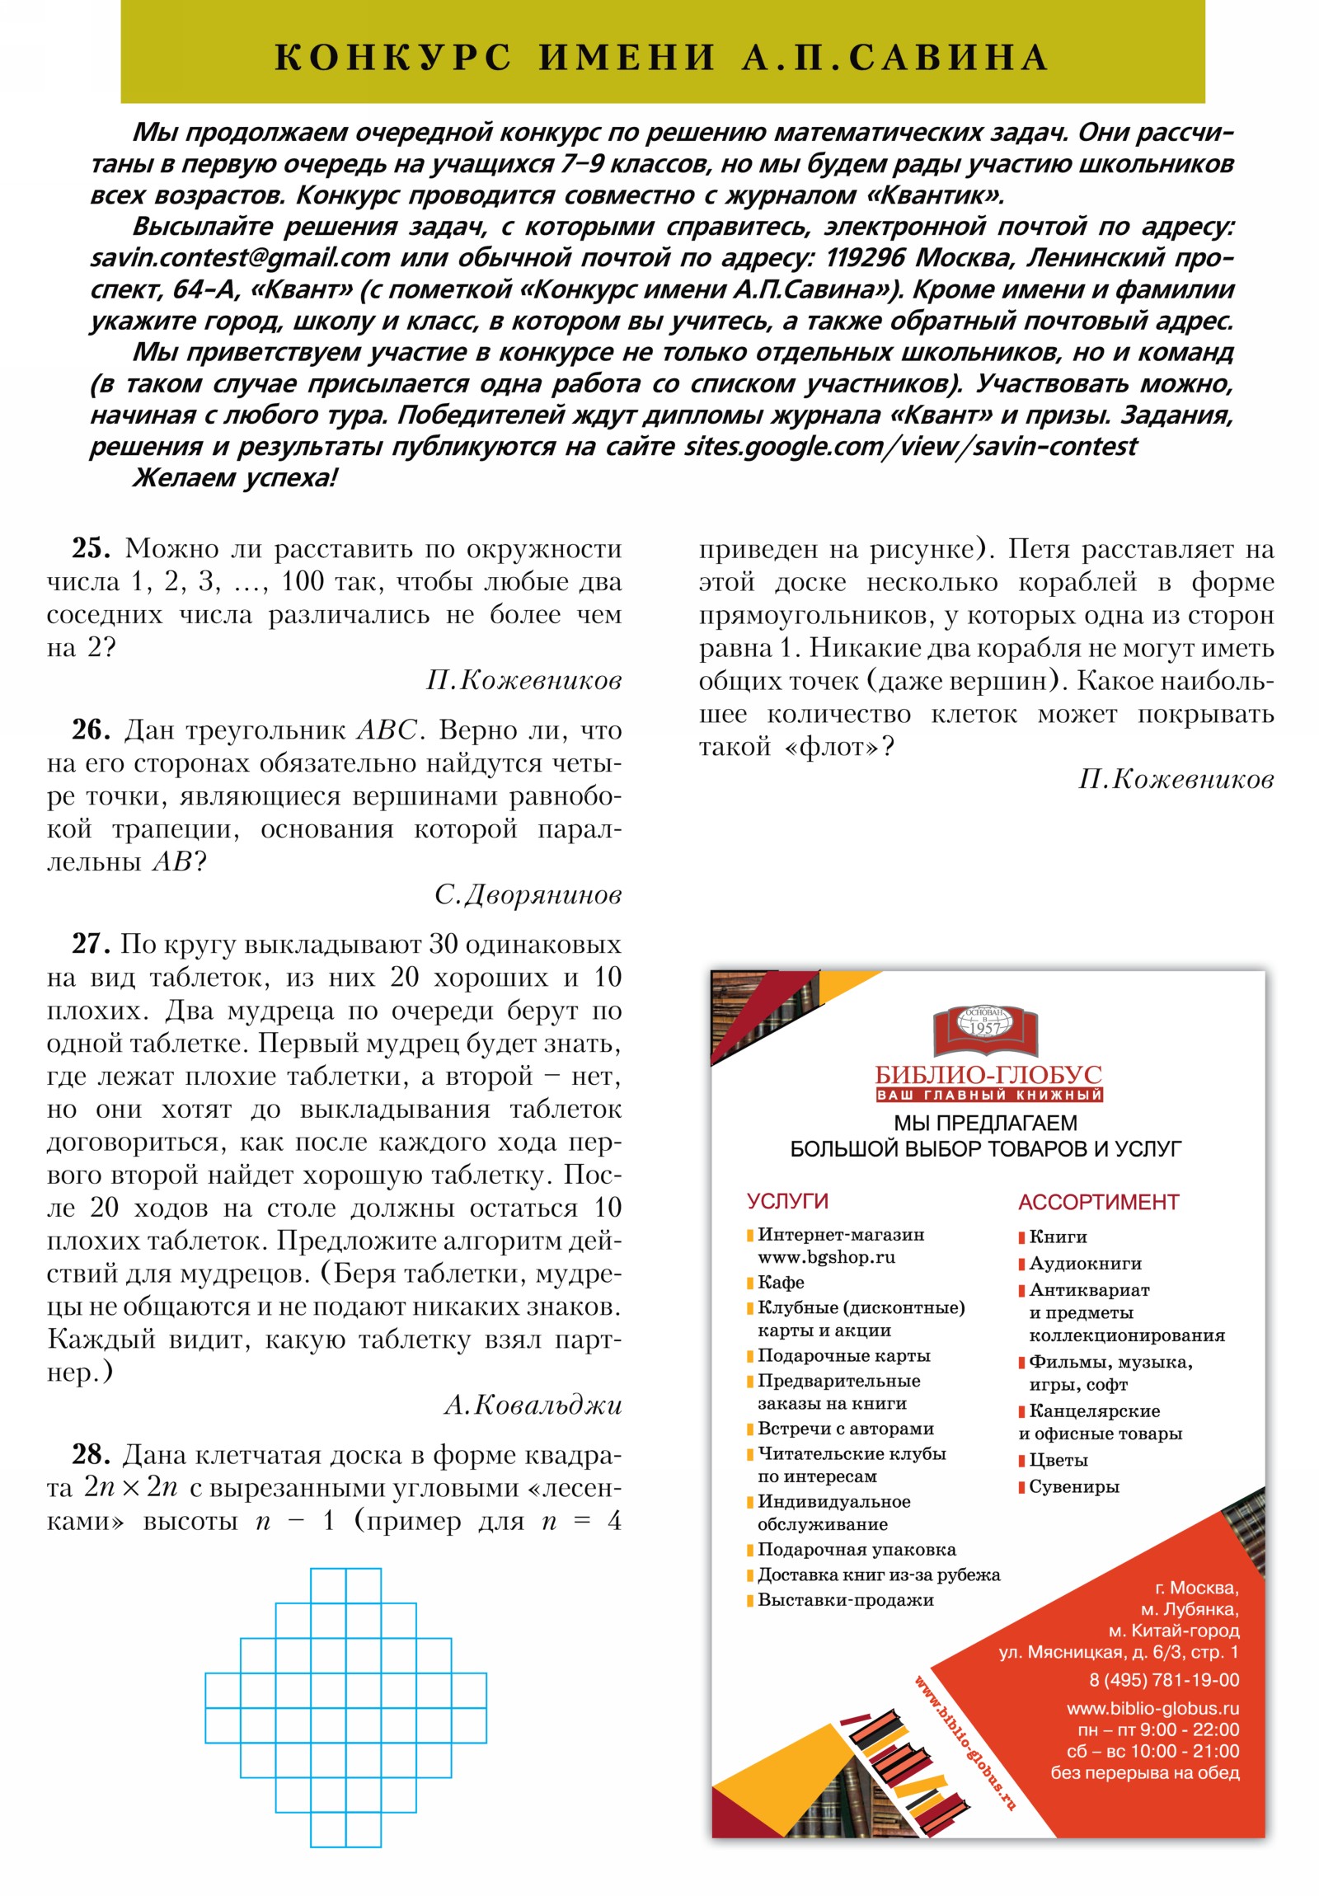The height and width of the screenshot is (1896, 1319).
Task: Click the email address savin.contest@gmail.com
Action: tap(241, 259)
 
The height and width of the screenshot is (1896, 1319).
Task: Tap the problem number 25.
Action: tap(91, 548)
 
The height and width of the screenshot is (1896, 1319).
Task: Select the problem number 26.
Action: tap(91, 730)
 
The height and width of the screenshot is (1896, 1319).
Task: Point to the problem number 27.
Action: tap(90, 944)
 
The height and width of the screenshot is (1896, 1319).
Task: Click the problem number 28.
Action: tap(91, 1455)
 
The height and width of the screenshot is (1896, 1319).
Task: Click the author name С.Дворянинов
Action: tap(528, 895)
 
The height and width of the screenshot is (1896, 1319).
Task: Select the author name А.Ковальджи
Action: tap(533, 1406)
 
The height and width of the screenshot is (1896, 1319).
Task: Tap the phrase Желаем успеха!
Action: tap(236, 478)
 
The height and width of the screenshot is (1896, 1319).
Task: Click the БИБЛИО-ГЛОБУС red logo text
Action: tap(988, 1075)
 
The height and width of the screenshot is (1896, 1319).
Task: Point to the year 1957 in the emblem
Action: tap(984, 1028)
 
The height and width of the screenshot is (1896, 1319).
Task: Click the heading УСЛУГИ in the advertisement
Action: tap(787, 1202)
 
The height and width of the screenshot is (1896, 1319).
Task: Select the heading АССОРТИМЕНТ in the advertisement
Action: tap(1097, 1203)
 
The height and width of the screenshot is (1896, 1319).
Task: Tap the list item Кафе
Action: tap(781, 1283)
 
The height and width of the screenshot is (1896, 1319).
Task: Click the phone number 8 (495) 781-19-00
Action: tap(1164, 1681)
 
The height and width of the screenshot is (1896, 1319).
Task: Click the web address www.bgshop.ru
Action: tap(826, 1258)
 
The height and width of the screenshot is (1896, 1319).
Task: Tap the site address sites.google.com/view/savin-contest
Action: tap(910, 447)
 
